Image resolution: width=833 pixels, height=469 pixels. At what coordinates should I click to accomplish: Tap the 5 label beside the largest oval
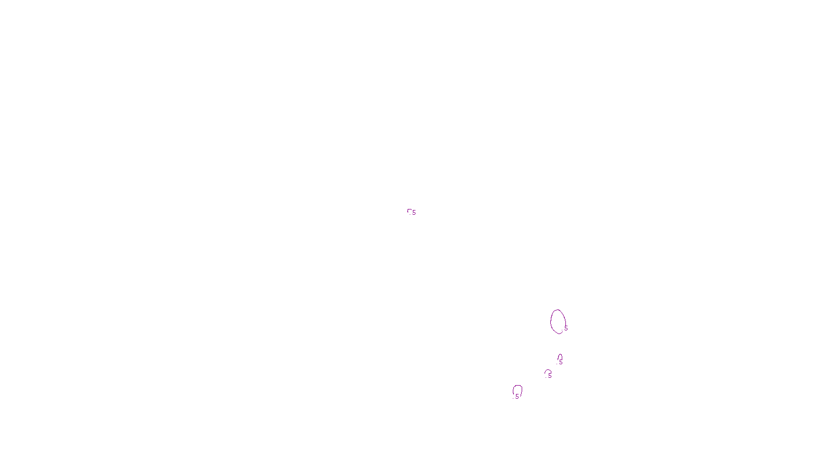(x=566, y=329)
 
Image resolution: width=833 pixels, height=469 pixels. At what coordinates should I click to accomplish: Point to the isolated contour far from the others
(x=409, y=210)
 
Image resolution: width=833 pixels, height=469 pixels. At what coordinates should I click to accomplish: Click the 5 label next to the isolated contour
(x=414, y=213)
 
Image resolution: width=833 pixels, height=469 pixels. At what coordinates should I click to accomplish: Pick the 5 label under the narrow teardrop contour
(x=561, y=363)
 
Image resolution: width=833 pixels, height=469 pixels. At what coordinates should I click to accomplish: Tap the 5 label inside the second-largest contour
(x=517, y=397)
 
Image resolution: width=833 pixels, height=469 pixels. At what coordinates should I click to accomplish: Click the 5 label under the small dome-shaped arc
(x=549, y=375)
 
